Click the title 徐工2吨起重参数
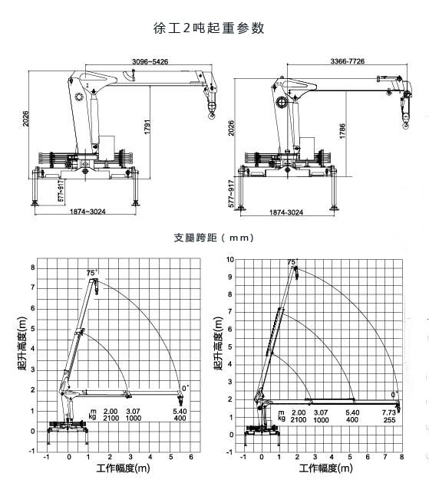pos(209,28)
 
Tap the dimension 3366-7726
pos(347,60)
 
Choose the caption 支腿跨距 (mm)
pos(213,238)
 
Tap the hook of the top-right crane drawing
pos(407,119)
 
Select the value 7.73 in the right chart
pos(389,412)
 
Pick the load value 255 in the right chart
pos(389,419)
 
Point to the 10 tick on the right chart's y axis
pos(229,260)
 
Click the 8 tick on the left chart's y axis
pos(32,268)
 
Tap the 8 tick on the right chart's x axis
pos(401,458)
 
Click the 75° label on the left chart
pos(93,272)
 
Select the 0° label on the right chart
pos(394,395)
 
